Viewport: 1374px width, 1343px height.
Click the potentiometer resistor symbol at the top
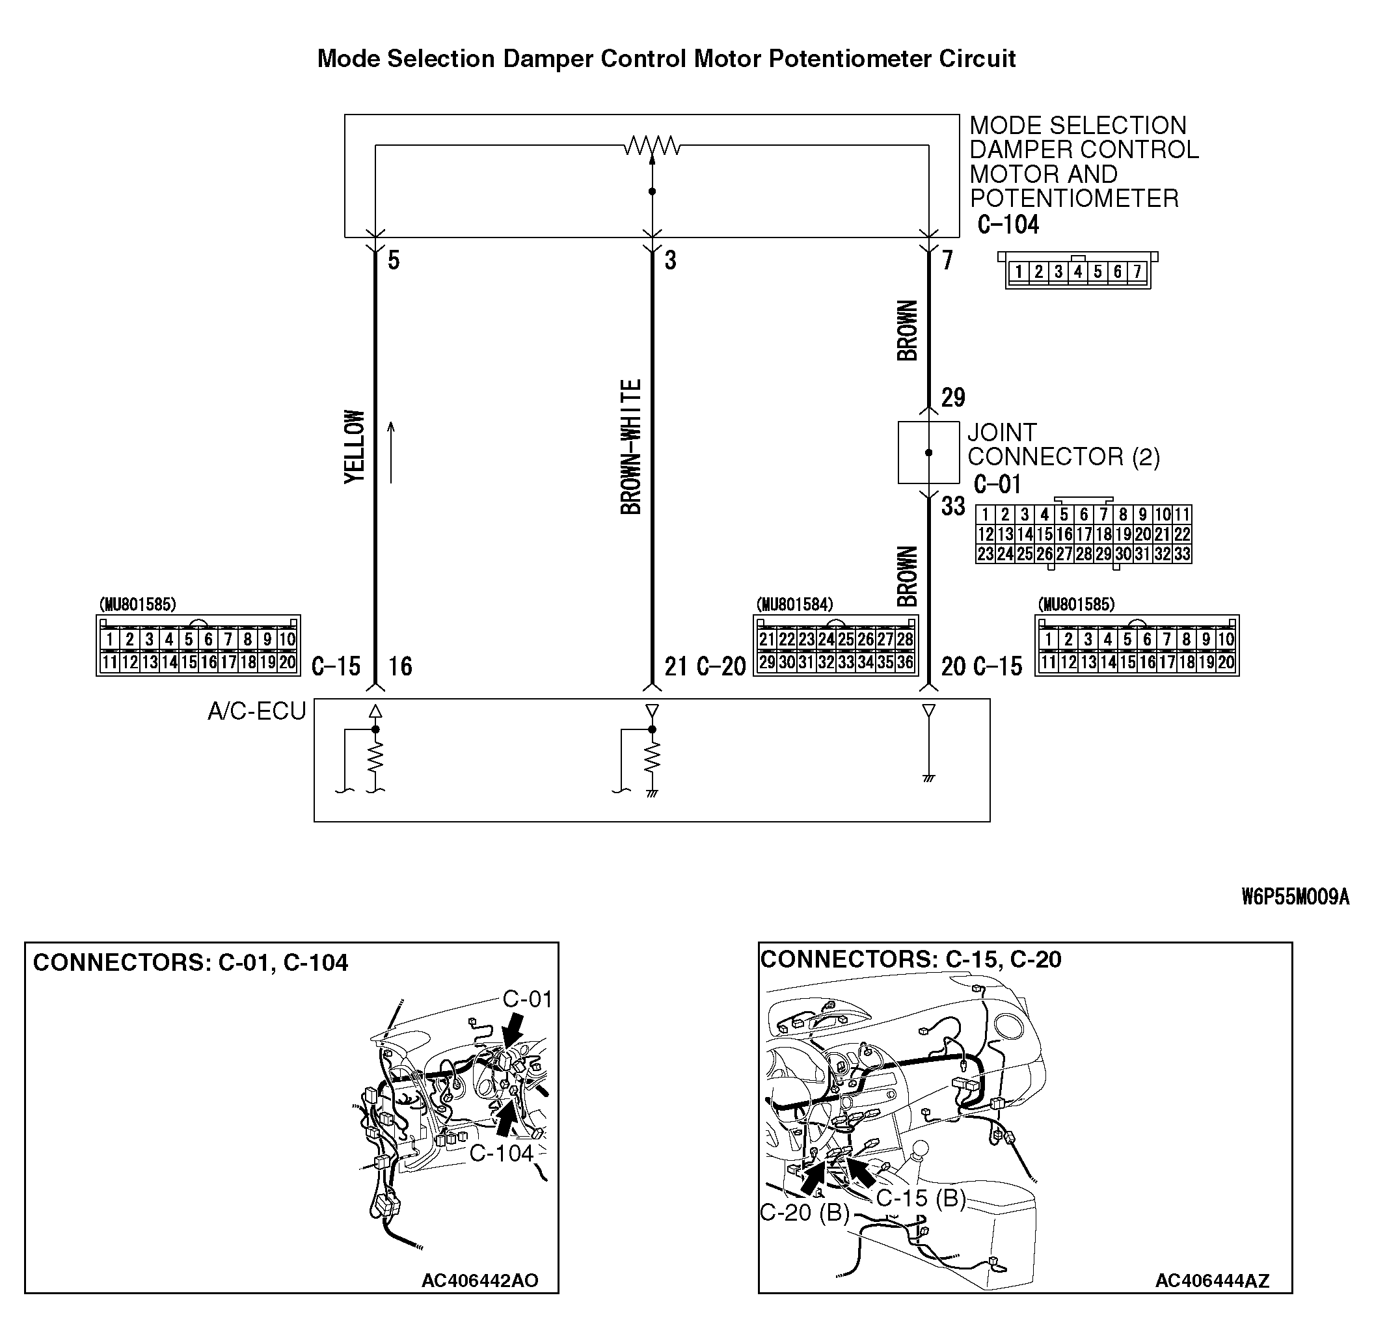coord(652,146)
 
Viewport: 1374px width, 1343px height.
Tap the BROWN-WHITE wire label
coord(631,446)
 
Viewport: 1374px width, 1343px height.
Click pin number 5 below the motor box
coord(394,260)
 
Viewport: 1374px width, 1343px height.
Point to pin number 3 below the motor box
coord(670,260)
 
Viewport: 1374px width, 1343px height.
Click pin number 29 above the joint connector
coord(953,398)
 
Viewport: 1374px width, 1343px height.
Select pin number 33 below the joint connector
coord(953,506)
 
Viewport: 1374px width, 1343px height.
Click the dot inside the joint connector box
coord(928,452)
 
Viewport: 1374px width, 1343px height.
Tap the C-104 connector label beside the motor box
coord(1008,225)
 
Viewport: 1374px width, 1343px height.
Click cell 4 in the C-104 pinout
coord(1078,271)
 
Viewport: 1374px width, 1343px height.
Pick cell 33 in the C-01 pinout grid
coord(1182,554)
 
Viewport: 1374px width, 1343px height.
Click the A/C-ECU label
coord(257,711)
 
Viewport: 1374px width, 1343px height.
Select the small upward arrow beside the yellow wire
coord(391,452)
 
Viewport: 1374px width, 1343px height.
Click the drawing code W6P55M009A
coord(1295,897)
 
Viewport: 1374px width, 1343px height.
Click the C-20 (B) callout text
coord(804,1212)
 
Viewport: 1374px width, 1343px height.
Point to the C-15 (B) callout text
coord(921,1198)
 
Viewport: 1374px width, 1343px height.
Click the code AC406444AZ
coord(1212,1281)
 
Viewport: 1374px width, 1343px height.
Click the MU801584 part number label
coord(794,604)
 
